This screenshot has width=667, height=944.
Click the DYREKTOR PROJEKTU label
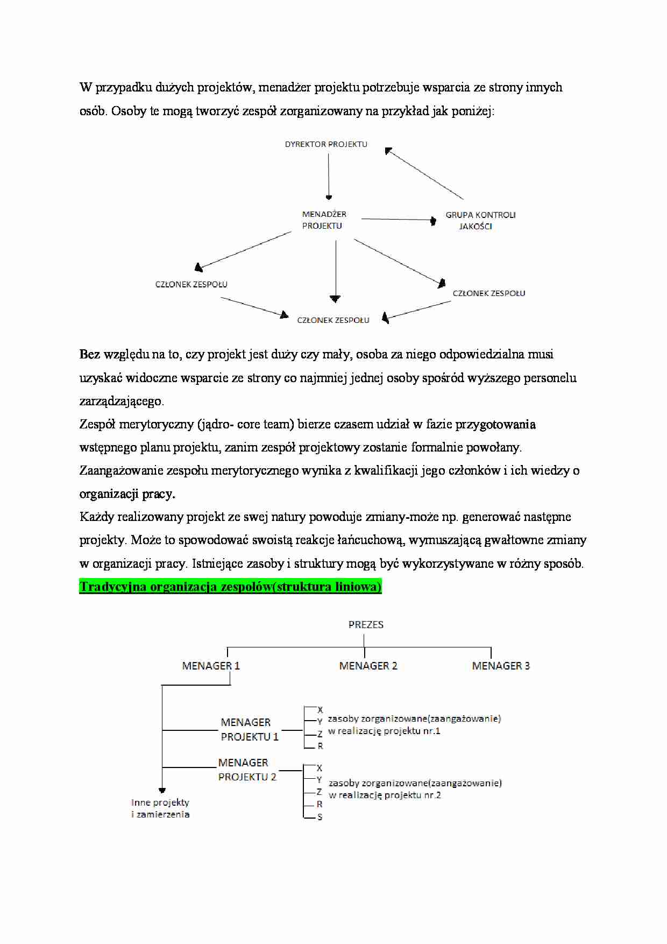(326, 144)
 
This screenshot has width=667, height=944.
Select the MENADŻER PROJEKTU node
(324, 220)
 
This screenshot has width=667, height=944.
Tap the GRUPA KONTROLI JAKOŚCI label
(480, 221)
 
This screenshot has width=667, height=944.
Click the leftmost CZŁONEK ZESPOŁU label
(191, 284)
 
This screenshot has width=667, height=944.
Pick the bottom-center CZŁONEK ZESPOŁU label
(333, 320)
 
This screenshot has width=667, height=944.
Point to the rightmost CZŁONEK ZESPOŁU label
(489, 293)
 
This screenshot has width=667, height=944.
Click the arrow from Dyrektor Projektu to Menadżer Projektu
(329, 177)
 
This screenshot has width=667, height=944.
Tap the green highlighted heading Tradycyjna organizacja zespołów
(230, 587)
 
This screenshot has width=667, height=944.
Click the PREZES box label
(366, 625)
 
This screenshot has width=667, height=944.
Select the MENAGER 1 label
(211, 666)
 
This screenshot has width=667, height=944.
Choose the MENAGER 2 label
(368, 666)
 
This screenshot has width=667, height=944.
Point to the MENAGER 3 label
(501, 666)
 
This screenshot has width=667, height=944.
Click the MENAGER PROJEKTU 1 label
(250, 730)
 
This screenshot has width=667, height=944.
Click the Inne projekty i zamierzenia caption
(160, 808)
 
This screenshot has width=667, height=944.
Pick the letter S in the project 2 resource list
(320, 817)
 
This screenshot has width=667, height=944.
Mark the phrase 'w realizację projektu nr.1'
(384, 731)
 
